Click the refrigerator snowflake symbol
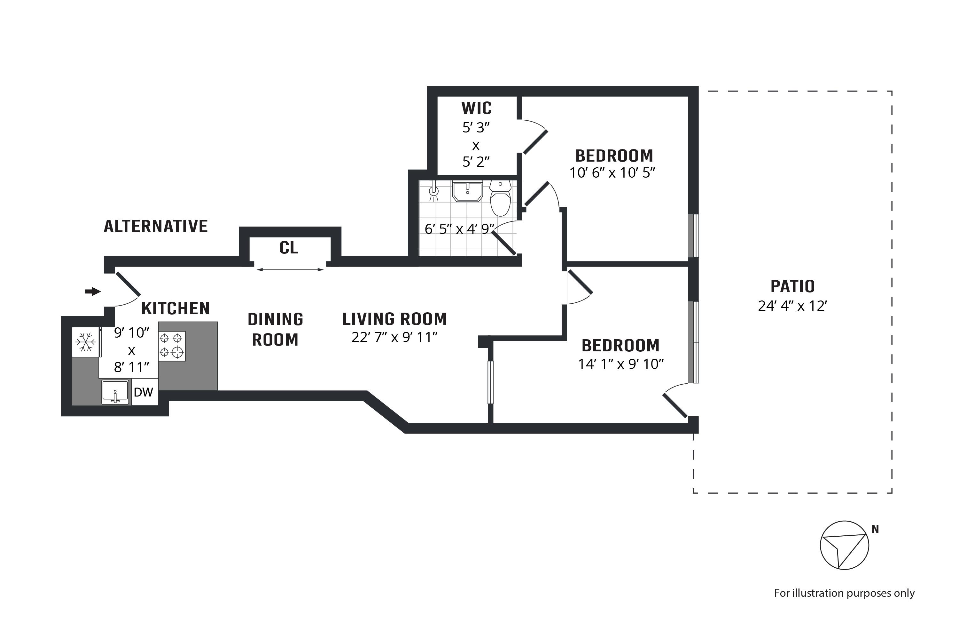[86, 342]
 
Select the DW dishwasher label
[144, 392]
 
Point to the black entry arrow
[93, 292]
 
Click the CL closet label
[289, 248]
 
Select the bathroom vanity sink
[467, 191]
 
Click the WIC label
[476, 108]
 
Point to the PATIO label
[792, 286]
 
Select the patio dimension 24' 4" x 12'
[792, 306]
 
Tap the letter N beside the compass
[875, 529]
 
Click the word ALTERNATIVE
[156, 226]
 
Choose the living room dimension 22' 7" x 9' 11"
[394, 338]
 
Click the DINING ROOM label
[275, 329]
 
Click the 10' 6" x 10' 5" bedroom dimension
[612, 173]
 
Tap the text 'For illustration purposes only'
[844, 593]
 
